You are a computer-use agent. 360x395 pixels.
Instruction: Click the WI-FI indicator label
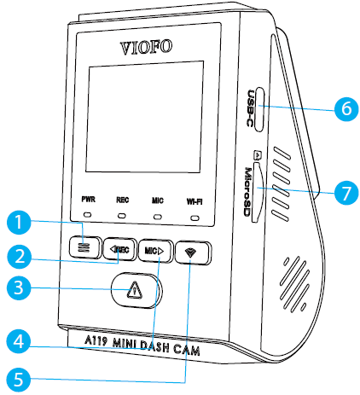(x=196, y=204)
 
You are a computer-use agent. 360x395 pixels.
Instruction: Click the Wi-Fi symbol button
(x=194, y=254)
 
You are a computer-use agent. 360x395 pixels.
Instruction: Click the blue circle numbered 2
(x=20, y=255)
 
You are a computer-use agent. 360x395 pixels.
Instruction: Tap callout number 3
(x=20, y=288)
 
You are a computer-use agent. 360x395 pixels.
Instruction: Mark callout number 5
(x=20, y=375)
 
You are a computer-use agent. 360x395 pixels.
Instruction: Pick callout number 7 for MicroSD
(x=341, y=192)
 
